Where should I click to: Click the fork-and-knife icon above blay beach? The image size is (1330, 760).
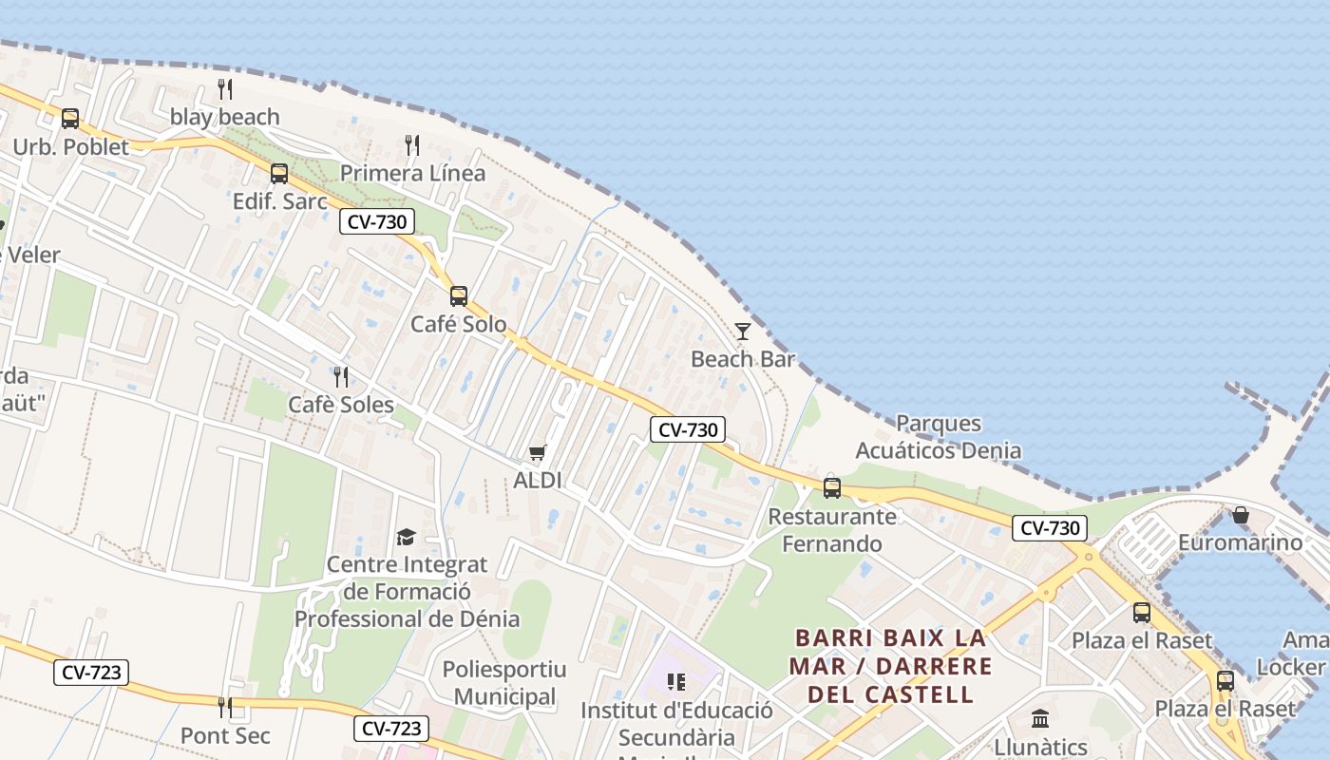click(225, 89)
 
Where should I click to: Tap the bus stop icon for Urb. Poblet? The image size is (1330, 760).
click(70, 119)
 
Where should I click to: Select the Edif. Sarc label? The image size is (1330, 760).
click(280, 201)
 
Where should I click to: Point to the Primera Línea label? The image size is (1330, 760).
click(412, 173)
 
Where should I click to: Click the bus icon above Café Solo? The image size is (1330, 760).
click(459, 296)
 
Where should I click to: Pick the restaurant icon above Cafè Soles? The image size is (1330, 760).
click(341, 377)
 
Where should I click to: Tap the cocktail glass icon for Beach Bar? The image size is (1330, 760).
click(743, 332)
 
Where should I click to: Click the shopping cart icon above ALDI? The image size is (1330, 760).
click(538, 452)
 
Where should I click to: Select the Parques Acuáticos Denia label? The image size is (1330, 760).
click(939, 437)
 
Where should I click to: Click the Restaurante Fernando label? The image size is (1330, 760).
click(832, 530)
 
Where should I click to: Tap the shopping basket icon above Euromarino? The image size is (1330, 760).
click(1241, 515)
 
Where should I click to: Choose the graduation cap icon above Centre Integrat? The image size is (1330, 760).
click(407, 537)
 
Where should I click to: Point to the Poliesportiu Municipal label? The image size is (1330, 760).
click(504, 683)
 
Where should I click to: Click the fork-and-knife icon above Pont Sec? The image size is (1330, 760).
click(225, 708)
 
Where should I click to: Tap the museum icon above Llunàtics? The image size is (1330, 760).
click(1040, 718)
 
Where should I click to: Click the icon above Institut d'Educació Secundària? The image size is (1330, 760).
click(676, 682)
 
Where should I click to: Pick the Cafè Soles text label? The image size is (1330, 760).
click(341, 405)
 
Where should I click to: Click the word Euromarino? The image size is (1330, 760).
click(1241, 542)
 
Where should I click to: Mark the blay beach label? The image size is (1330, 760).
click(225, 117)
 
